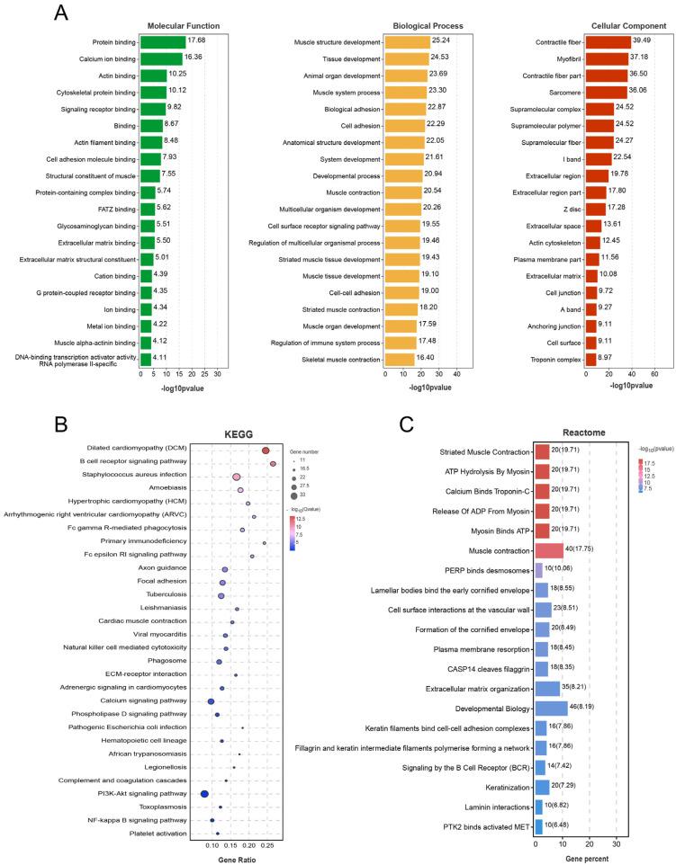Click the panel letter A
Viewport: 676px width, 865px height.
point(60,13)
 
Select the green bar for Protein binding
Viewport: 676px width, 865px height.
point(163,42)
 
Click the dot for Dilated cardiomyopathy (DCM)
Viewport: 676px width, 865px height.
point(266,450)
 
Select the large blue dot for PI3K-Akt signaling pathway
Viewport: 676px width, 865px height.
point(204,794)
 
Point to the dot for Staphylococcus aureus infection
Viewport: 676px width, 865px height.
point(237,477)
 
